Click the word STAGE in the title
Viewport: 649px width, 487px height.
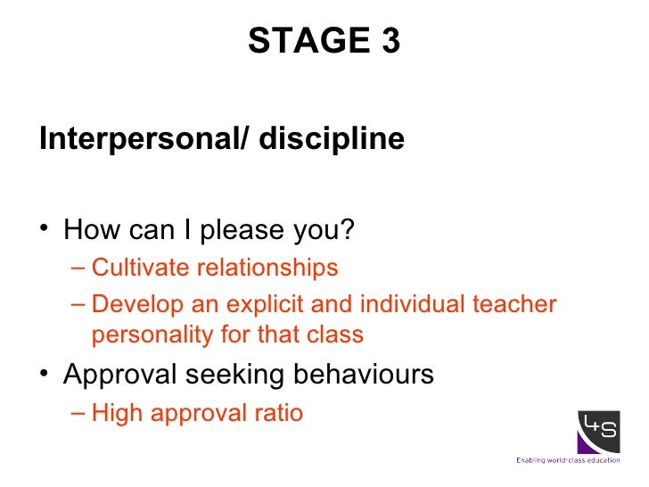coord(305,40)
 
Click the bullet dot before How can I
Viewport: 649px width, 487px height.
coord(45,230)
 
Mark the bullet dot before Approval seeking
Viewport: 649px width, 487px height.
coord(45,375)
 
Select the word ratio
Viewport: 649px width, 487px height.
coord(280,413)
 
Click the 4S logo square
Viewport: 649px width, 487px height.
coord(599,433)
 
